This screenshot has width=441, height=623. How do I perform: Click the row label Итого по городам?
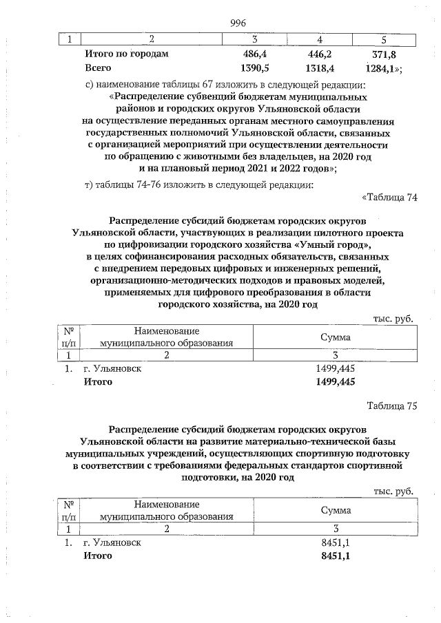(126, 53)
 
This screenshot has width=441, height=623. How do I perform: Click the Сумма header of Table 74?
(335, 337)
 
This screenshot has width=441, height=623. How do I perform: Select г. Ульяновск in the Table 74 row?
(113, 368)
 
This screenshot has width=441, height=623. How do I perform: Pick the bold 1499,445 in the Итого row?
(334, 382)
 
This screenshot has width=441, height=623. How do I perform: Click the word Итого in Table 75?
(98, 556)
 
